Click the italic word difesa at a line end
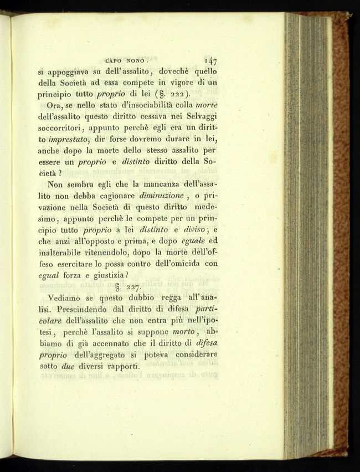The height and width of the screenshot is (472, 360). (x=206, y=343)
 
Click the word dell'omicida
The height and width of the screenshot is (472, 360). (x=175, y=264)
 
